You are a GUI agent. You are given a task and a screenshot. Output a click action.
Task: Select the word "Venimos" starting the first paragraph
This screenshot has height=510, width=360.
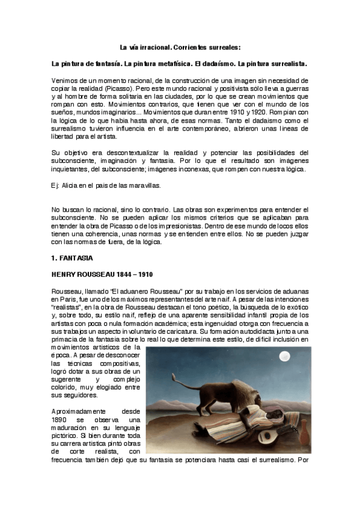coord(66,80)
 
